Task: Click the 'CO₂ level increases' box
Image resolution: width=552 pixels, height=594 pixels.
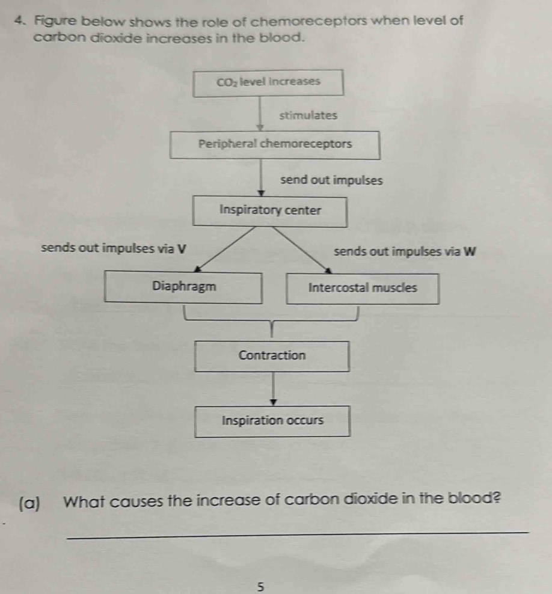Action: [269, 82]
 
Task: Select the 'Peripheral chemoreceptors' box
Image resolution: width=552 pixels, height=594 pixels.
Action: [275, 145]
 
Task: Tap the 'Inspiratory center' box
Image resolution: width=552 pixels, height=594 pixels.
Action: [270, 211]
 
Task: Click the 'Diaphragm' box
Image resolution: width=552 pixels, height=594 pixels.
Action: [183, 287]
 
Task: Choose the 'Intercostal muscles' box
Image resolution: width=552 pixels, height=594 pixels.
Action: [362, 288]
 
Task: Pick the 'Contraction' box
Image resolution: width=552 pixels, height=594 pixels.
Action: [272, 356]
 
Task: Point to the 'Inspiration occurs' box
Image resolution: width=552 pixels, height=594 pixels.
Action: [272, 421]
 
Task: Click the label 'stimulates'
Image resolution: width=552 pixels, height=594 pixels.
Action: [308, 115]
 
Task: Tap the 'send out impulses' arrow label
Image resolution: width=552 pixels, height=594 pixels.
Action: [331, 180]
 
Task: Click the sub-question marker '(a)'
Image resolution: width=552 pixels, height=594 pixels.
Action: [30, 501]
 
